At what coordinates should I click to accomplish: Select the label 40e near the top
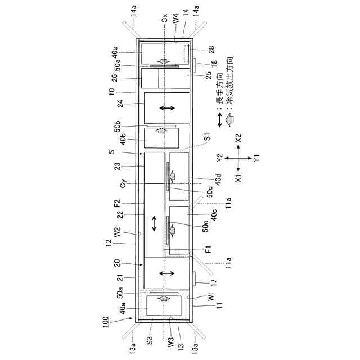[x=115, y=52]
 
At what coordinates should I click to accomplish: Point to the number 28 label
[x=212, y=50]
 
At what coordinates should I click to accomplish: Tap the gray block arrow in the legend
[x=229, y=120]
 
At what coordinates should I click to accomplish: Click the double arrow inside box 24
[x=167, y=107]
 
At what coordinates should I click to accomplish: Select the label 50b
[x=120, y=125]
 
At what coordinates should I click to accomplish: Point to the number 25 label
[x=209, y=74]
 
